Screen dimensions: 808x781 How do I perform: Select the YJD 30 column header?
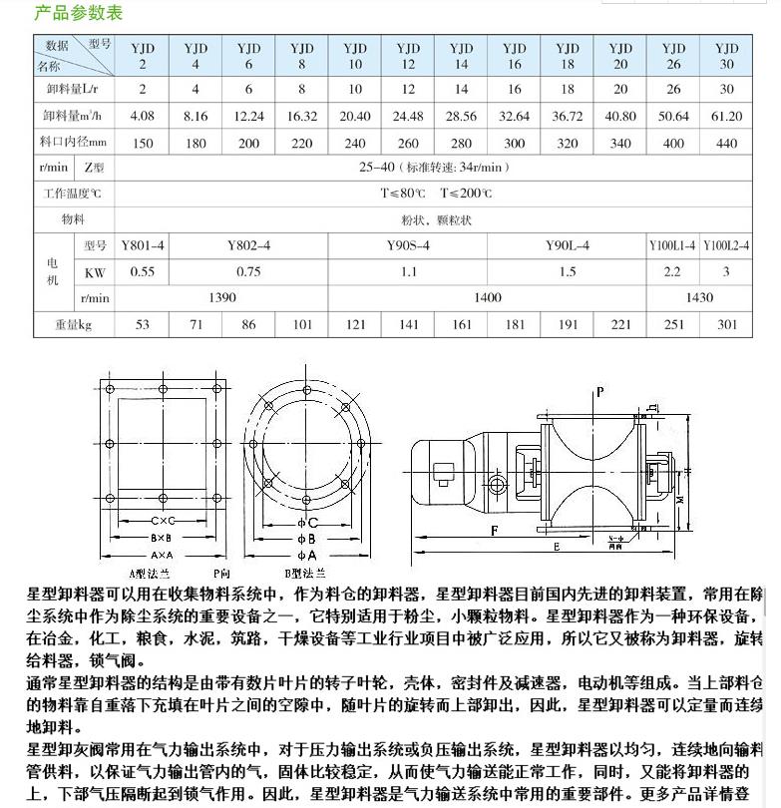click(726, 56)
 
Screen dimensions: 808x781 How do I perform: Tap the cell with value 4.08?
click(143, 116)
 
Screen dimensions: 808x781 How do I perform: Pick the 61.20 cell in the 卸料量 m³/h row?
click(726, 116)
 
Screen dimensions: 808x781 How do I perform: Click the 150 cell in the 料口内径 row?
click(143, 143)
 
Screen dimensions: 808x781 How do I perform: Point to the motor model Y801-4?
click(143, 245)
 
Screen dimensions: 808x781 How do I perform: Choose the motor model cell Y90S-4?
click(408, 245)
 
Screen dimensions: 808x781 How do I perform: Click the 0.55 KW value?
click(143, 271)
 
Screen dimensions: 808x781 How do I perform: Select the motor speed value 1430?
click(699, 297)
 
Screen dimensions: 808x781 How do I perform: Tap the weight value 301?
click(726, 324)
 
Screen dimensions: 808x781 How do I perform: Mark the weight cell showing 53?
click(143, 324)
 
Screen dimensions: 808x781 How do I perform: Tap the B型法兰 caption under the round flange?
click(300, 574)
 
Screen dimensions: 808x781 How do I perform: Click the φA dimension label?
click(308, 555)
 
